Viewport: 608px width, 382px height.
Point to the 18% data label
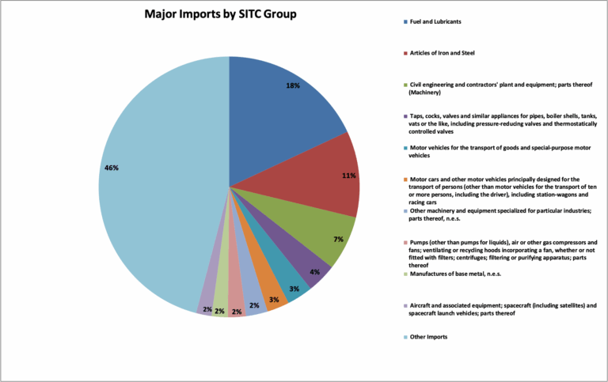pyautogui.click(x=293, y=85)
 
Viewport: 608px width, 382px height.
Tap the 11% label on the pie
pyautogui.click(x=348, y=176)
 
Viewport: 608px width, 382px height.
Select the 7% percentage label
pyautogui.click(x=337, y=238)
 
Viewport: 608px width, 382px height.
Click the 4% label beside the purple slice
pyautogui.click(x=314, y=272)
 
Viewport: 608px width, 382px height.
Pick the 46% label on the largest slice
pyautogui.click(x=111, y=167)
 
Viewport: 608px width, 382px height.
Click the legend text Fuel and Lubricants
pyautogui.click(x=439, y=21)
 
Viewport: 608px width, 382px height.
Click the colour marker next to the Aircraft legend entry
pyautogui.click(x=405, y=305)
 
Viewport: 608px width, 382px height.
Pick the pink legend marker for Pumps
pyautogui.click(x=405, y=241)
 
